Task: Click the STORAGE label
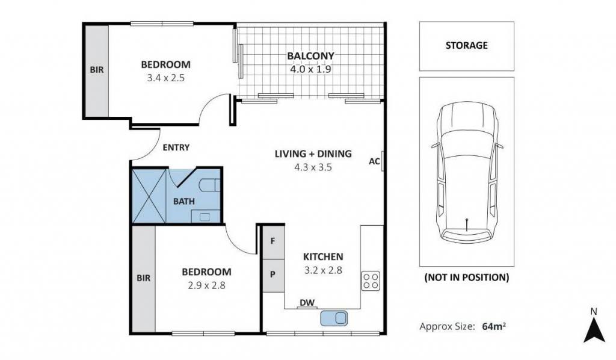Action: pos(466,45)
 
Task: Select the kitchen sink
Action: pos(334,318)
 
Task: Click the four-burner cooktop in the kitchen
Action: pos(371,281)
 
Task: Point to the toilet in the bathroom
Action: pos(209,185)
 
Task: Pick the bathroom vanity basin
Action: pos(205,217)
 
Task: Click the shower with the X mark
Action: pos(149,195)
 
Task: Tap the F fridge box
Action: pos(273,241)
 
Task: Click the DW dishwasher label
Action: pos(307,303)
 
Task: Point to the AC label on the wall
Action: pos(374,161)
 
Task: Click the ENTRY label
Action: pos(176,147)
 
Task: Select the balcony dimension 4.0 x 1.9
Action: pos(310,70)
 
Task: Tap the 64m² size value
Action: pos(494,326)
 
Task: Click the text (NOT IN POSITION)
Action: pos(467,278)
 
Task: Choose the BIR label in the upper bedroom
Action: pos(97,70)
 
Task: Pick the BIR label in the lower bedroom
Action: pos(143,278)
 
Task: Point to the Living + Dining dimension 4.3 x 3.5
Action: pos(313,167)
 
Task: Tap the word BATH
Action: pos(184,202)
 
